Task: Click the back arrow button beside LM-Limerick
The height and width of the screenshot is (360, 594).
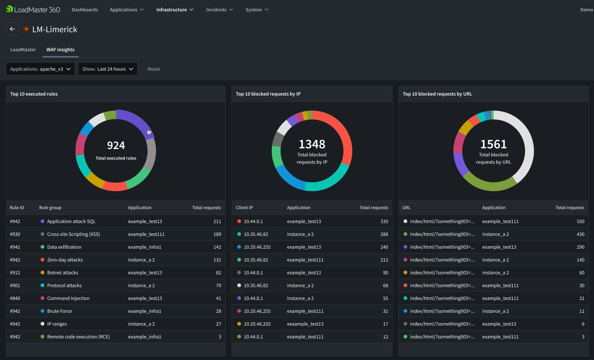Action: tap(12, 29)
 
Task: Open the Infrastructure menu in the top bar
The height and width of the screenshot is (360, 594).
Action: tap(175, 10)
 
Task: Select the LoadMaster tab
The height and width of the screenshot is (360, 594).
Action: tap(23, 50)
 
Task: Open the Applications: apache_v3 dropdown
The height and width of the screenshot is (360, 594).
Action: tap(40, 69)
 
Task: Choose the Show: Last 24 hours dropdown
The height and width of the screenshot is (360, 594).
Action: tap(108, 69)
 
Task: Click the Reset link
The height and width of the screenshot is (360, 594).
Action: tap(153, 69)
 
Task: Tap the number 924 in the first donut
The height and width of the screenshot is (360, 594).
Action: tap(116, 145)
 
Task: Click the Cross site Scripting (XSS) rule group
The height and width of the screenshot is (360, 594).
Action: tap(73, 234)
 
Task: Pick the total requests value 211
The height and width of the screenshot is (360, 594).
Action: tap(217, 222)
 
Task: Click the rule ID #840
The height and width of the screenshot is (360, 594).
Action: tap(15, 298)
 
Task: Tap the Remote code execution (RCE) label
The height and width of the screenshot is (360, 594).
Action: tap(78, 337)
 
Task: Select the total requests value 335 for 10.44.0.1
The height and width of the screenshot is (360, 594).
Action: tap(384, 222)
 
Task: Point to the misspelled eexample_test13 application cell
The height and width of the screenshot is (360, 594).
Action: tap(305, 324)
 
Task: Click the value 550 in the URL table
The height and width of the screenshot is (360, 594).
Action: tap(580, 222)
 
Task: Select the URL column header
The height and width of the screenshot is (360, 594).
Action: tap(406, 208)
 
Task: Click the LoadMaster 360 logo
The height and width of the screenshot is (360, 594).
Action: tap(33, 10)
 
